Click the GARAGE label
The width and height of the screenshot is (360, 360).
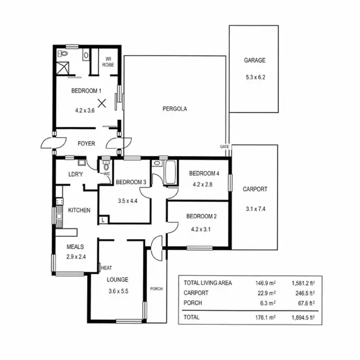pos(254,60)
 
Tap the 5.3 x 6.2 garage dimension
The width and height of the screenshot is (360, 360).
pos(254,76)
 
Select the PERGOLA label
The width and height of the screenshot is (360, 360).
pos(175,109)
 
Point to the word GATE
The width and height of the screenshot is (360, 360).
pos(224,146)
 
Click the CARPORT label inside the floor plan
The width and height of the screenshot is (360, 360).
pos(255,189)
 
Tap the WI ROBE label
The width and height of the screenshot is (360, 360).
pos(109,61)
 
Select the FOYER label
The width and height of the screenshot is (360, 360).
pos(86,144)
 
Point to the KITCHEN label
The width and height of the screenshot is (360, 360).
pos(80,210)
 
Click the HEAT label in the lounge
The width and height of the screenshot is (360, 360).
pos(107,268)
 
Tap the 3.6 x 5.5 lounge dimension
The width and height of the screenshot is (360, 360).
pos(118,291)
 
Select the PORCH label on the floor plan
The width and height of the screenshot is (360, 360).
pos(156,288)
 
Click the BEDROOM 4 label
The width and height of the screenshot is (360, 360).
pos(204,173)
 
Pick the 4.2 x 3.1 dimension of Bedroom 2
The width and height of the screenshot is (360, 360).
pos(202,228)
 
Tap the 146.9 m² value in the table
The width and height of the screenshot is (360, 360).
pos(265,283)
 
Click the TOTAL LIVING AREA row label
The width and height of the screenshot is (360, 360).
pos(207,283)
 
